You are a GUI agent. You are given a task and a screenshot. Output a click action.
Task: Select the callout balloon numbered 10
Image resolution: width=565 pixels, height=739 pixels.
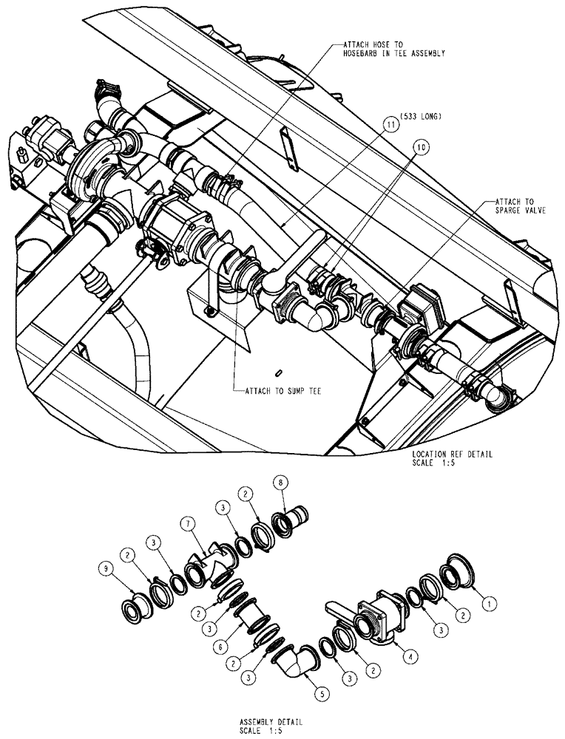click(421, 147)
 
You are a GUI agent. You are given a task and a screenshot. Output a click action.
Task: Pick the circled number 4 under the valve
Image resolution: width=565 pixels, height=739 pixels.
click(402, 654)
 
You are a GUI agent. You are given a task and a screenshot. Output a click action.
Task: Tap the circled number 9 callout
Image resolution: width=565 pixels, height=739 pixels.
click(106, 568)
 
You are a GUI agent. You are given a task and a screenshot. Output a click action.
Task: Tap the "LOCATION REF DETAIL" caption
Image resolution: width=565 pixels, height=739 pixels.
click(451, 454)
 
